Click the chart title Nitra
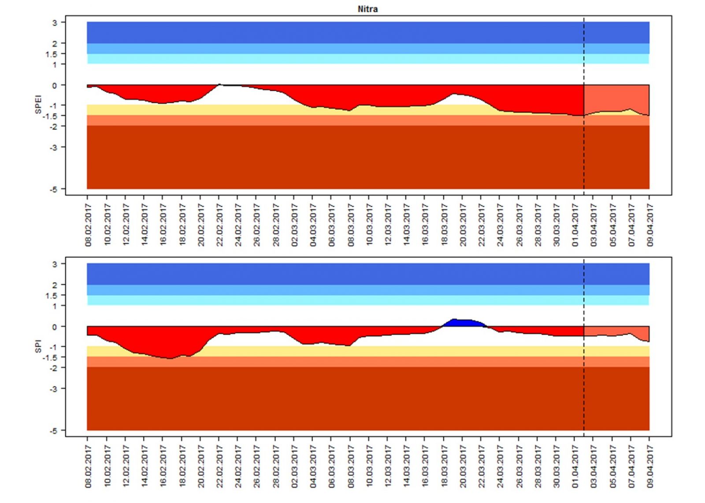click(367, 9)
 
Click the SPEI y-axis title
click(38, 104)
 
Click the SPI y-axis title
click(38, 346)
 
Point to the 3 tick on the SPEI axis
click(55, 22)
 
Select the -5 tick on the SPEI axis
click(53, 189)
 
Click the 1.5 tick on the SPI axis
click(51, 296)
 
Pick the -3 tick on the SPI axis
click(53, 389)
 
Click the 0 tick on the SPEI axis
click(55, 85)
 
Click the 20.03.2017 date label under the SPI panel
click(463, 466)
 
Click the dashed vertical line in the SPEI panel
click(584, 154)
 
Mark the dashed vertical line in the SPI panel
click(584, 396)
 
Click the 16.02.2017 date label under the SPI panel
click(163, 466)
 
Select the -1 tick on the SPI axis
click(53, 347)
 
